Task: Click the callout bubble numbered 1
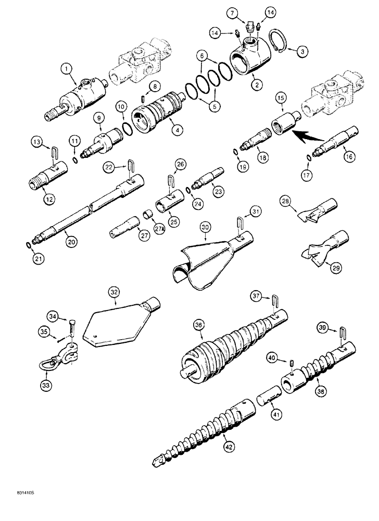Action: (x=67, y=68)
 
